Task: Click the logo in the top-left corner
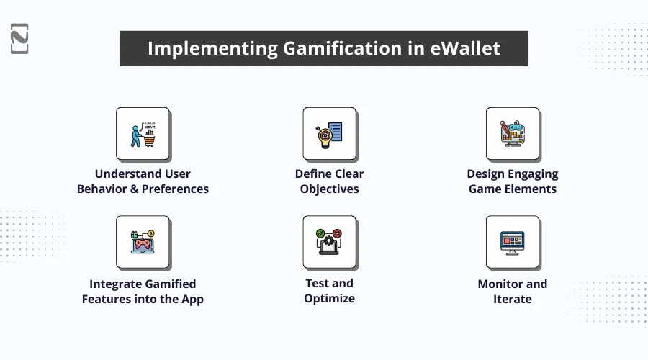point(20,38)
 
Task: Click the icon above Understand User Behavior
point(143,135)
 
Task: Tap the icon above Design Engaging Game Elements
point(513,135)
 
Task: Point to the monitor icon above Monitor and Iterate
point(513,243)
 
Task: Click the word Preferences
point(175,189)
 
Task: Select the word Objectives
point(330,189)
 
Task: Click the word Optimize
point(330,299)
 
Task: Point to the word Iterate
point(513,299)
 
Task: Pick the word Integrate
point(117,284)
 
